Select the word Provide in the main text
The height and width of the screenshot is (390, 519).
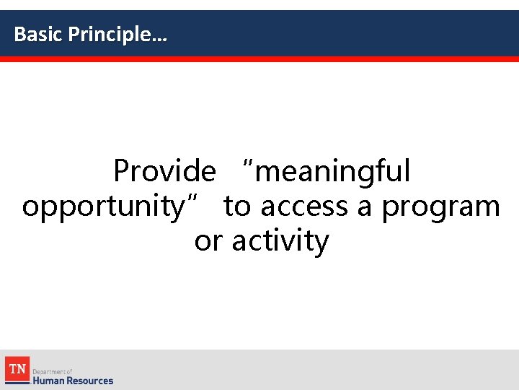164,172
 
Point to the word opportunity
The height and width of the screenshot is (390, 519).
103,207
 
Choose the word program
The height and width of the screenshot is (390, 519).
440,207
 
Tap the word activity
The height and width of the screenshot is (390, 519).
280,241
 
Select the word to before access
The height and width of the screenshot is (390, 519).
237,207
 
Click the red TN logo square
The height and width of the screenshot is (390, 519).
17,368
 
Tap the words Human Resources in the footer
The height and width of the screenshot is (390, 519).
73,380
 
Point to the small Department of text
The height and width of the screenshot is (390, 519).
53,371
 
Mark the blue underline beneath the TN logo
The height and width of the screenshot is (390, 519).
17,383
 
